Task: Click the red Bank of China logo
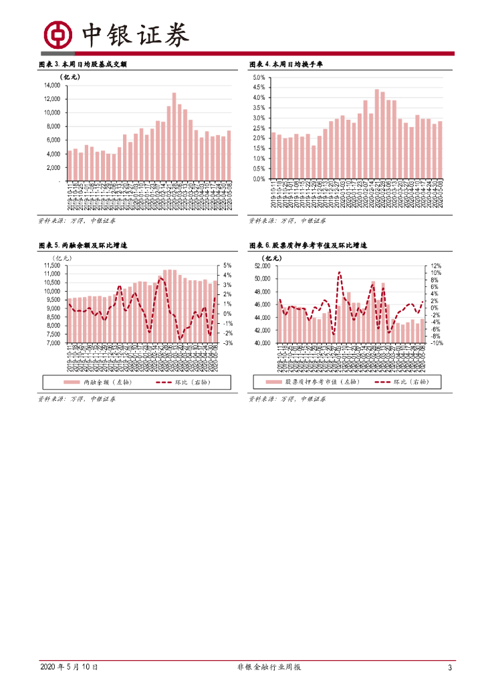pyautogui.click(x=58, y=35)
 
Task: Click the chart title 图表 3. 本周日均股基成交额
pyautogui.click(x=83, y=64)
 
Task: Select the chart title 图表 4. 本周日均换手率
pyautogui.click(x=287, y=64)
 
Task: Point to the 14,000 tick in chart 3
pyautogui.click(x=52, y=86)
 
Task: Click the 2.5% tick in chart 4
pyautogui.click(x=259, y=128)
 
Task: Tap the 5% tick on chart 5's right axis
pyautogui.click(x=227, y=266)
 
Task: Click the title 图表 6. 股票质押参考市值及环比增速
pyautogui.click(x=308, y=246)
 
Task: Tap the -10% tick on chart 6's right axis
pyautogui.click(x=434, y=343)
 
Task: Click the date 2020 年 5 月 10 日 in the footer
pyautogui.click(x=70, y=667)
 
